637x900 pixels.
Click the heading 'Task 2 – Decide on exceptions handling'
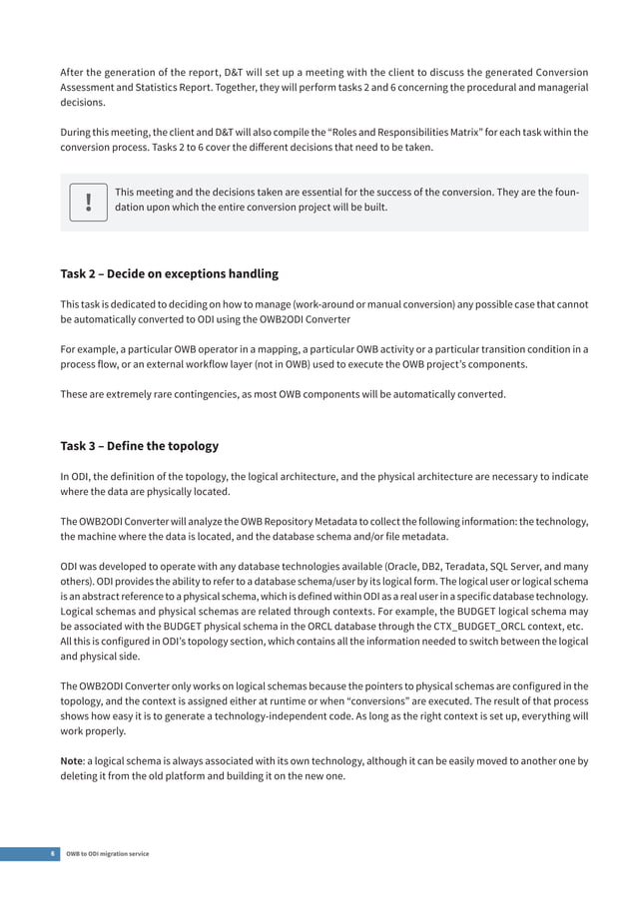coord(169,273)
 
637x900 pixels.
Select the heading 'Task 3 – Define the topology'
coord(139,445)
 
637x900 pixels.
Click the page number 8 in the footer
coord(52,854)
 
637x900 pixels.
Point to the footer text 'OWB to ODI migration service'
coord(108,854)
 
